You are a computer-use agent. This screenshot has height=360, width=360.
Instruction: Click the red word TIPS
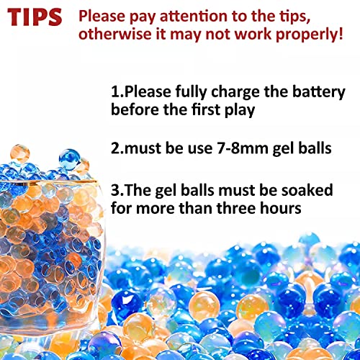(x=35, y=17)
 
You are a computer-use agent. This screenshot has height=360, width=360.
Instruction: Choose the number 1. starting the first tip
(x=117, y=94)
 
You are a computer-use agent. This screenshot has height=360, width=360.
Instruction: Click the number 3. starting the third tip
(x=118, y=191)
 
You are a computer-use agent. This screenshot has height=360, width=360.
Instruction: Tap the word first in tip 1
(x=217, y=112)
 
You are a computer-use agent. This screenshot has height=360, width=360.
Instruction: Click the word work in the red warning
(x=253, y=34)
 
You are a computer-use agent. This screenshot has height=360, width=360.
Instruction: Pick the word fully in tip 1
(x=193, y=94)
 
